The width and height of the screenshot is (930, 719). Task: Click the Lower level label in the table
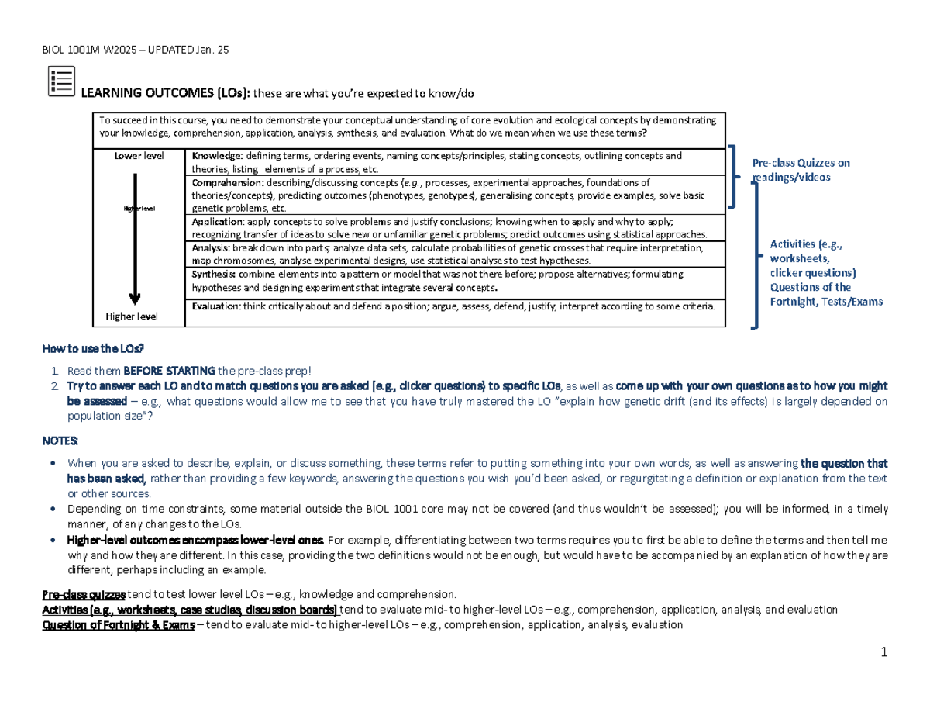139,156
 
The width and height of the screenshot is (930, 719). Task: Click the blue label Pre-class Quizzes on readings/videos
801,170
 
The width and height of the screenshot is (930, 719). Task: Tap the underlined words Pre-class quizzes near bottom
84,595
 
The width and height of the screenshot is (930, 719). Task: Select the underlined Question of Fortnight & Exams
118,624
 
